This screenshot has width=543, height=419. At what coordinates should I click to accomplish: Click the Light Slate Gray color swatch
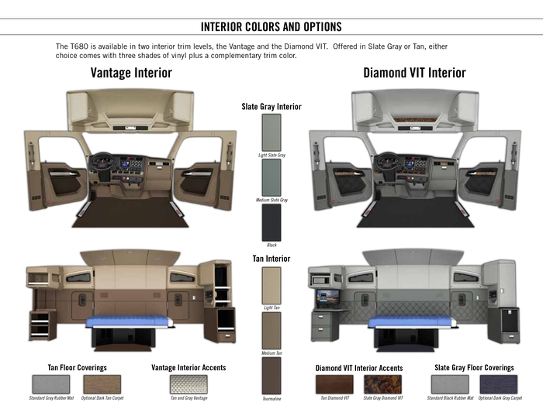271,132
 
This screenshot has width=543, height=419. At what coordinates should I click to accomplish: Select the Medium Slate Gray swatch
271,177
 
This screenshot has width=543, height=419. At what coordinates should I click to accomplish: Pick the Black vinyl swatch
271,222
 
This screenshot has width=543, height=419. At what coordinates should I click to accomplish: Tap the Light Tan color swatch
271,286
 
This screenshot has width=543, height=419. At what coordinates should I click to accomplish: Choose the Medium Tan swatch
271,331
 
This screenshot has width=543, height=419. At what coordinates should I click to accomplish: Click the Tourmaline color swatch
271,376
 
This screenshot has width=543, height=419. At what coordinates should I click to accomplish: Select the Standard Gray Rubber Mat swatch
51,384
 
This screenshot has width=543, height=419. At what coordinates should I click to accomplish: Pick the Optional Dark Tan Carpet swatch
102,384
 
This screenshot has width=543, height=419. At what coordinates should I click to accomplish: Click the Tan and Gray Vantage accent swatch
188,384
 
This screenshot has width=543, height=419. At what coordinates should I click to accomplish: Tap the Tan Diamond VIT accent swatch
334,384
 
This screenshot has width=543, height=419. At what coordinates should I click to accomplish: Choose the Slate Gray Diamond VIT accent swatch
383,384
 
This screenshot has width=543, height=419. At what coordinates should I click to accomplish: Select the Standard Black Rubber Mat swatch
450,384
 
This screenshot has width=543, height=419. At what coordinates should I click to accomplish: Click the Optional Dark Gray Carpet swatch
499,384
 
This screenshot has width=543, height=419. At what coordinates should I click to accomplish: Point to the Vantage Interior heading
131,73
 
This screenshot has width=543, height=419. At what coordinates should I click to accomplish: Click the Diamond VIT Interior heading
414,73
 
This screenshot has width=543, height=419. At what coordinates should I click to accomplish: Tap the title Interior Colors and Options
271,26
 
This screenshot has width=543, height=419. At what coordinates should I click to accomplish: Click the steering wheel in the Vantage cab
101,162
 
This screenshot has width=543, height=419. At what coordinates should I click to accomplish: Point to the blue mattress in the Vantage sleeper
130,322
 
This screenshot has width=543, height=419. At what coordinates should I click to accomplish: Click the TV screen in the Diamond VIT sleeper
328,297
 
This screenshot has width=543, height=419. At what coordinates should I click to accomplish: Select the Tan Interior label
271,259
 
